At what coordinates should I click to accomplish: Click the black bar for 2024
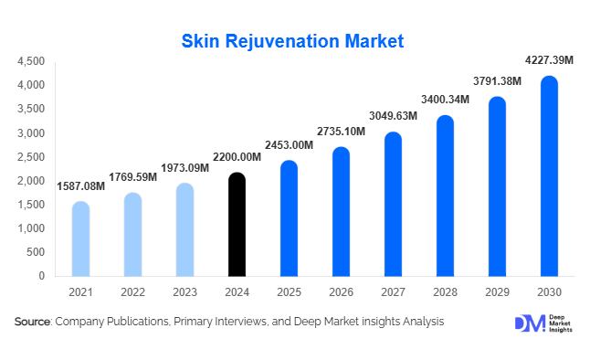point(236,225)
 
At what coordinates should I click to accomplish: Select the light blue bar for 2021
point(80,239)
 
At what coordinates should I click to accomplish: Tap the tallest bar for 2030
point(548,176)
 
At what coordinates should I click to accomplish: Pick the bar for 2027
point(393,205)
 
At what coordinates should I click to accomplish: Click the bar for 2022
point(132,235)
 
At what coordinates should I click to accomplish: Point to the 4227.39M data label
point(548,60)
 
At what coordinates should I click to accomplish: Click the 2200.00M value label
point(236,157)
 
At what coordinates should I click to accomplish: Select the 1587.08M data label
point(80,186)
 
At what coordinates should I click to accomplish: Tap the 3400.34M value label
point(444,100)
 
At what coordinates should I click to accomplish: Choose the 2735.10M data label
point(340,132)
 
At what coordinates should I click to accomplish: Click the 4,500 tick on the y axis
point(30,61)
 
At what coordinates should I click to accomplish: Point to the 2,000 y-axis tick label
point(30,180)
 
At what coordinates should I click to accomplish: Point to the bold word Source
point(32,322)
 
